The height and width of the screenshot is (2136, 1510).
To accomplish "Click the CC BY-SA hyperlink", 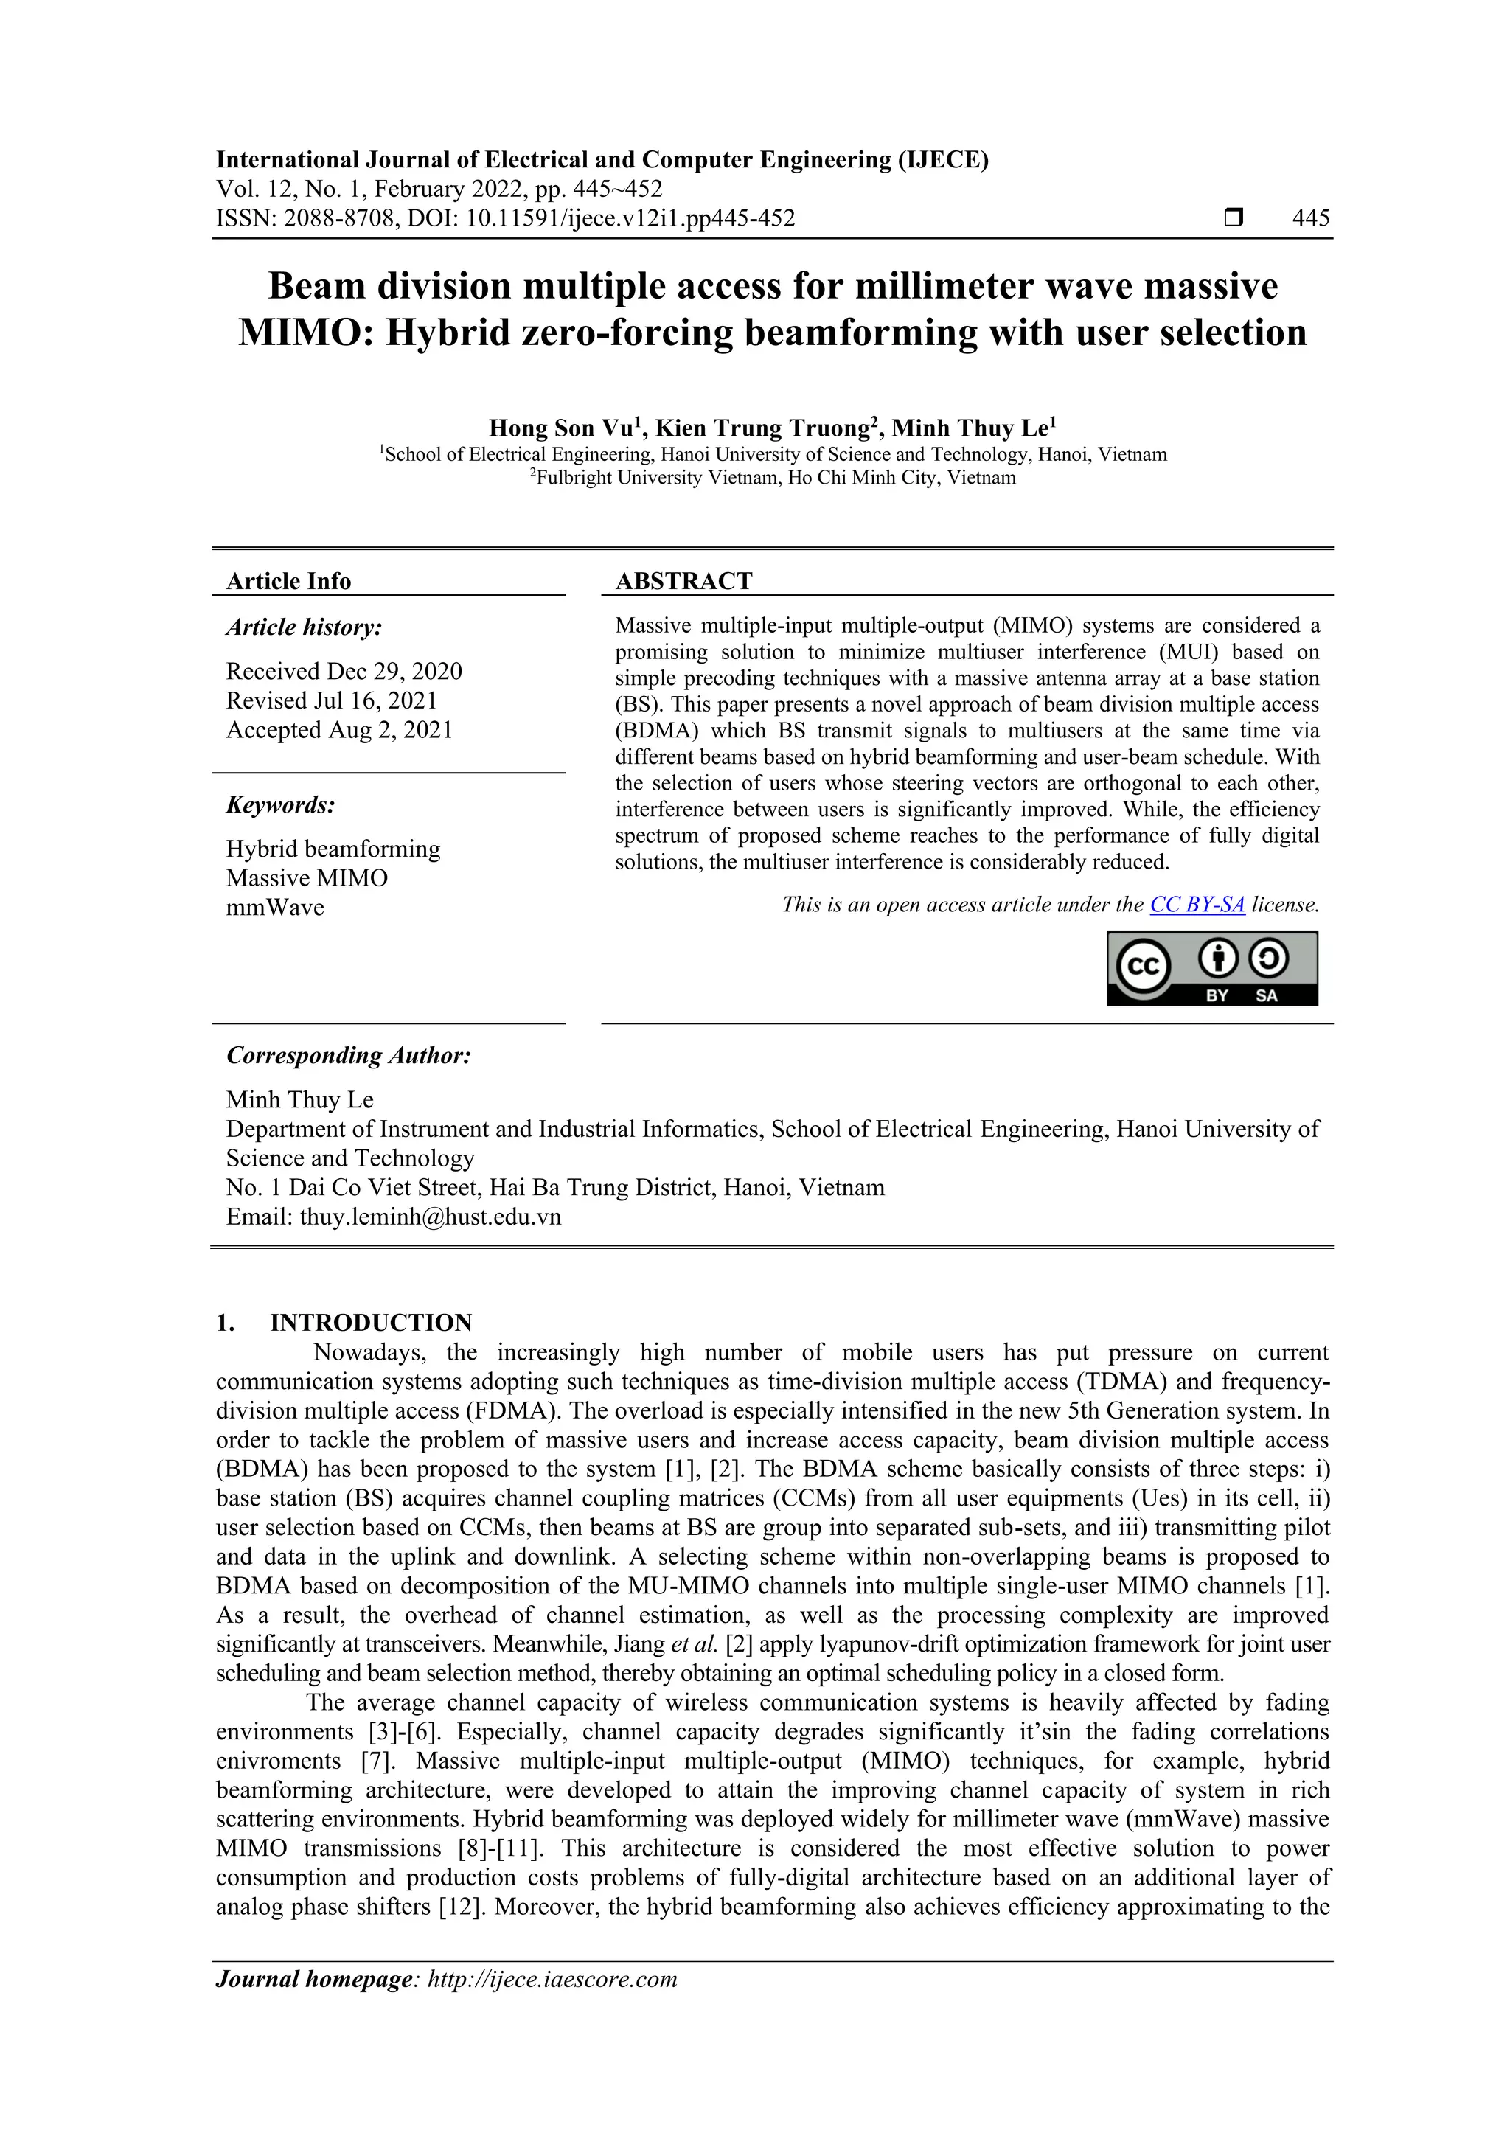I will pyautogui.click(x=1197, y=904).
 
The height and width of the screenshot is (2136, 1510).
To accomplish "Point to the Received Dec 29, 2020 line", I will pyautogui.click(x=344, y=671).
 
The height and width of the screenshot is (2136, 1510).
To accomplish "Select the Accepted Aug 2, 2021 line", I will pyautogui.click(x=338, y=729).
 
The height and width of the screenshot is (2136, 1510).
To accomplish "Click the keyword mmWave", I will pyautogui.click(x=274, y=907).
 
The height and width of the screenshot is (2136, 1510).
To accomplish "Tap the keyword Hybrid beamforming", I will pyautogui.click(x=332, y=849).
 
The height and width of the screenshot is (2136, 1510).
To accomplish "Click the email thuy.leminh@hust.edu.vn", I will pyautogui.click(x=430, y=1217).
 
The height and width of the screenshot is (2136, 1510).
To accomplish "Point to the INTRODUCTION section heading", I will pyautogui.click(x=370, y=1322).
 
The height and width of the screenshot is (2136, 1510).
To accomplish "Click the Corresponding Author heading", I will pyautogui.click(x=348, y=1055).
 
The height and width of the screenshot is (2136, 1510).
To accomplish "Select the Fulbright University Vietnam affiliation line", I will pyautogui.click(x=774, y=479).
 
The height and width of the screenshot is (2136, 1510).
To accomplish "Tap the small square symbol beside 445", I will pyautogui.click(x=1233, y=218).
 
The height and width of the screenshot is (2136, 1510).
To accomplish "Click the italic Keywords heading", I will pyautogui.click(x=280, y=804).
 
